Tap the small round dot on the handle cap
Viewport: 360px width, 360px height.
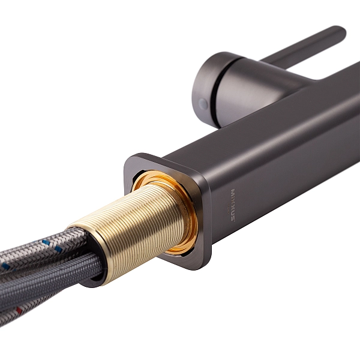pos(203,104)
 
